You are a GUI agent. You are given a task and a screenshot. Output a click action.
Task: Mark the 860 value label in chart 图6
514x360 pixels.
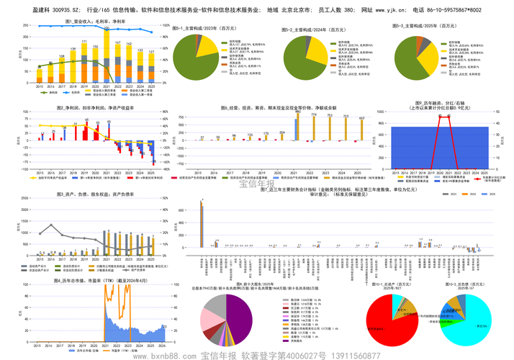[x=297, y=112]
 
